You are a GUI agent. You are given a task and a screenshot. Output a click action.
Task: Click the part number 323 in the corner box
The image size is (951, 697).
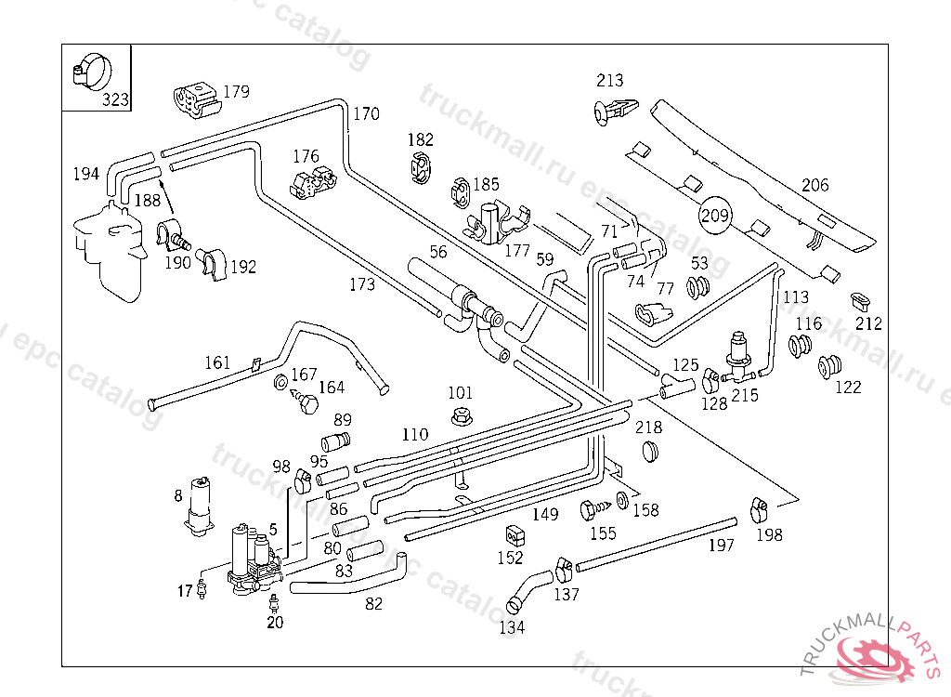116,99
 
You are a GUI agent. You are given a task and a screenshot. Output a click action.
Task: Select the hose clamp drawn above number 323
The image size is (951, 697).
91,71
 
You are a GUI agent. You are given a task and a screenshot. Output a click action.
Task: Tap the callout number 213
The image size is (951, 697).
610,81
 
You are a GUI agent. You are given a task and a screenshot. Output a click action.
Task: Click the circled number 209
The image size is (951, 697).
715,216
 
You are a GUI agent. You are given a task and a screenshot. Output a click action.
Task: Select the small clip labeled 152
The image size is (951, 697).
512,536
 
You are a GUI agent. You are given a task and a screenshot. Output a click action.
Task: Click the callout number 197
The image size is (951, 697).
721,546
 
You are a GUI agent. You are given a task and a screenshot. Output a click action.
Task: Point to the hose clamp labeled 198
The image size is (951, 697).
759,508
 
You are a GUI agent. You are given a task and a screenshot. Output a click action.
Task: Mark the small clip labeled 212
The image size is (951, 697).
861,301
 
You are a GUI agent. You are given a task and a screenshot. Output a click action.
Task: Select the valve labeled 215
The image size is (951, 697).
740,357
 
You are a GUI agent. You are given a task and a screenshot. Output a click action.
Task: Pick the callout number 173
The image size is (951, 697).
362,284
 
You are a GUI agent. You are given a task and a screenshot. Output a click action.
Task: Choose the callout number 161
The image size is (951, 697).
217,362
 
